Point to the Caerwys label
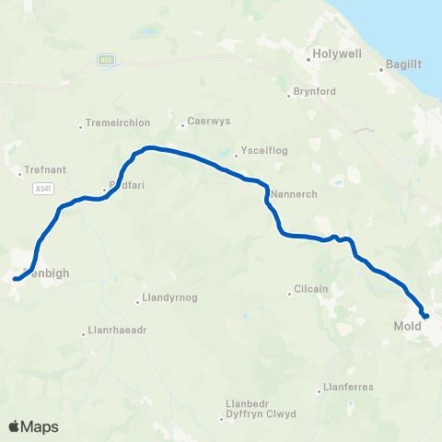[204, 121]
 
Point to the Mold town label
[407, 326]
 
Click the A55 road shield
[107, 58]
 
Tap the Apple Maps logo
[33, 426]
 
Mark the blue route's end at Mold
[426, 317]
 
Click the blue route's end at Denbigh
[16, 278]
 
